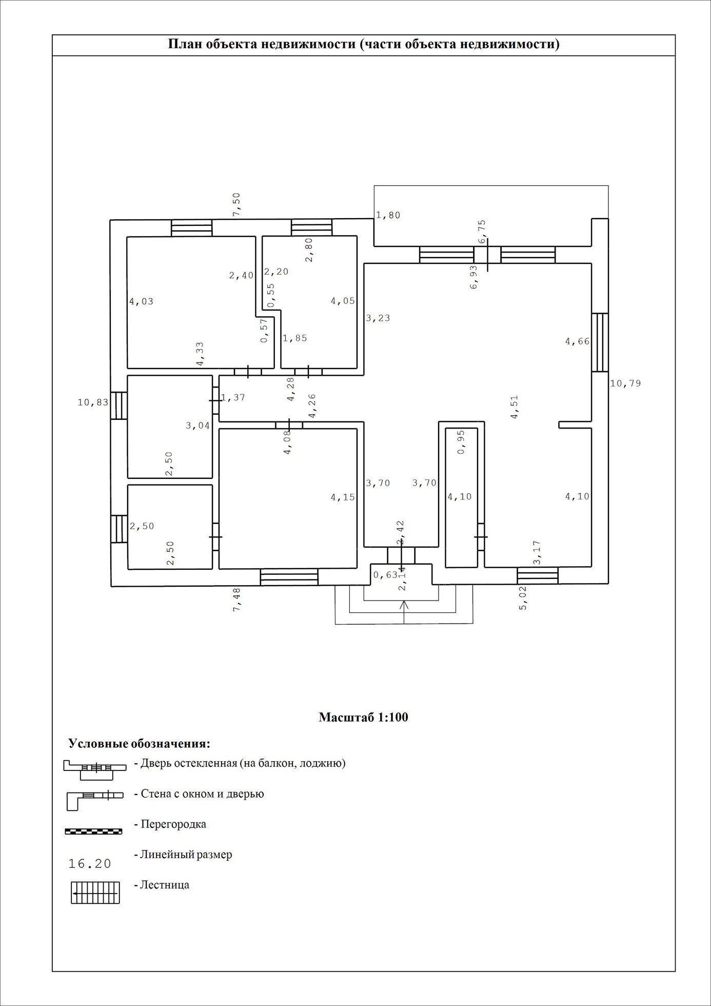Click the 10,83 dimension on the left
[x=93, y=402]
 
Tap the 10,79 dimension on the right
[x=625, y=383]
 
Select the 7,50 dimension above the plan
[x=236, y=204]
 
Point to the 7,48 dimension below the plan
[x=236, y=599]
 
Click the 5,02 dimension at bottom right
[x=523, y=598]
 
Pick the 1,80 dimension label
[x=388, y=216]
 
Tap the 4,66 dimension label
[x=577, y=341]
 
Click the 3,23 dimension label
[x=378, y=318]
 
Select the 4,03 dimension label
[x=141, y=301]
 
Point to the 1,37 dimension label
[x=233, y=397]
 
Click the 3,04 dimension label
[x=197, y=425]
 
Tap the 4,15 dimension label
[x=343, y=497]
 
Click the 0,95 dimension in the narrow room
[x=461, y=442]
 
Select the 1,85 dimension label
[x=295, y=338]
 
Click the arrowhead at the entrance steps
[x=404, y=605]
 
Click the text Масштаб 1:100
[x=363, y=717]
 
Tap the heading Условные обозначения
[x=139, y=744]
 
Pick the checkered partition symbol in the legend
[x=93, y=831]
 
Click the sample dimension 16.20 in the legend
[x=90, y=864]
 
